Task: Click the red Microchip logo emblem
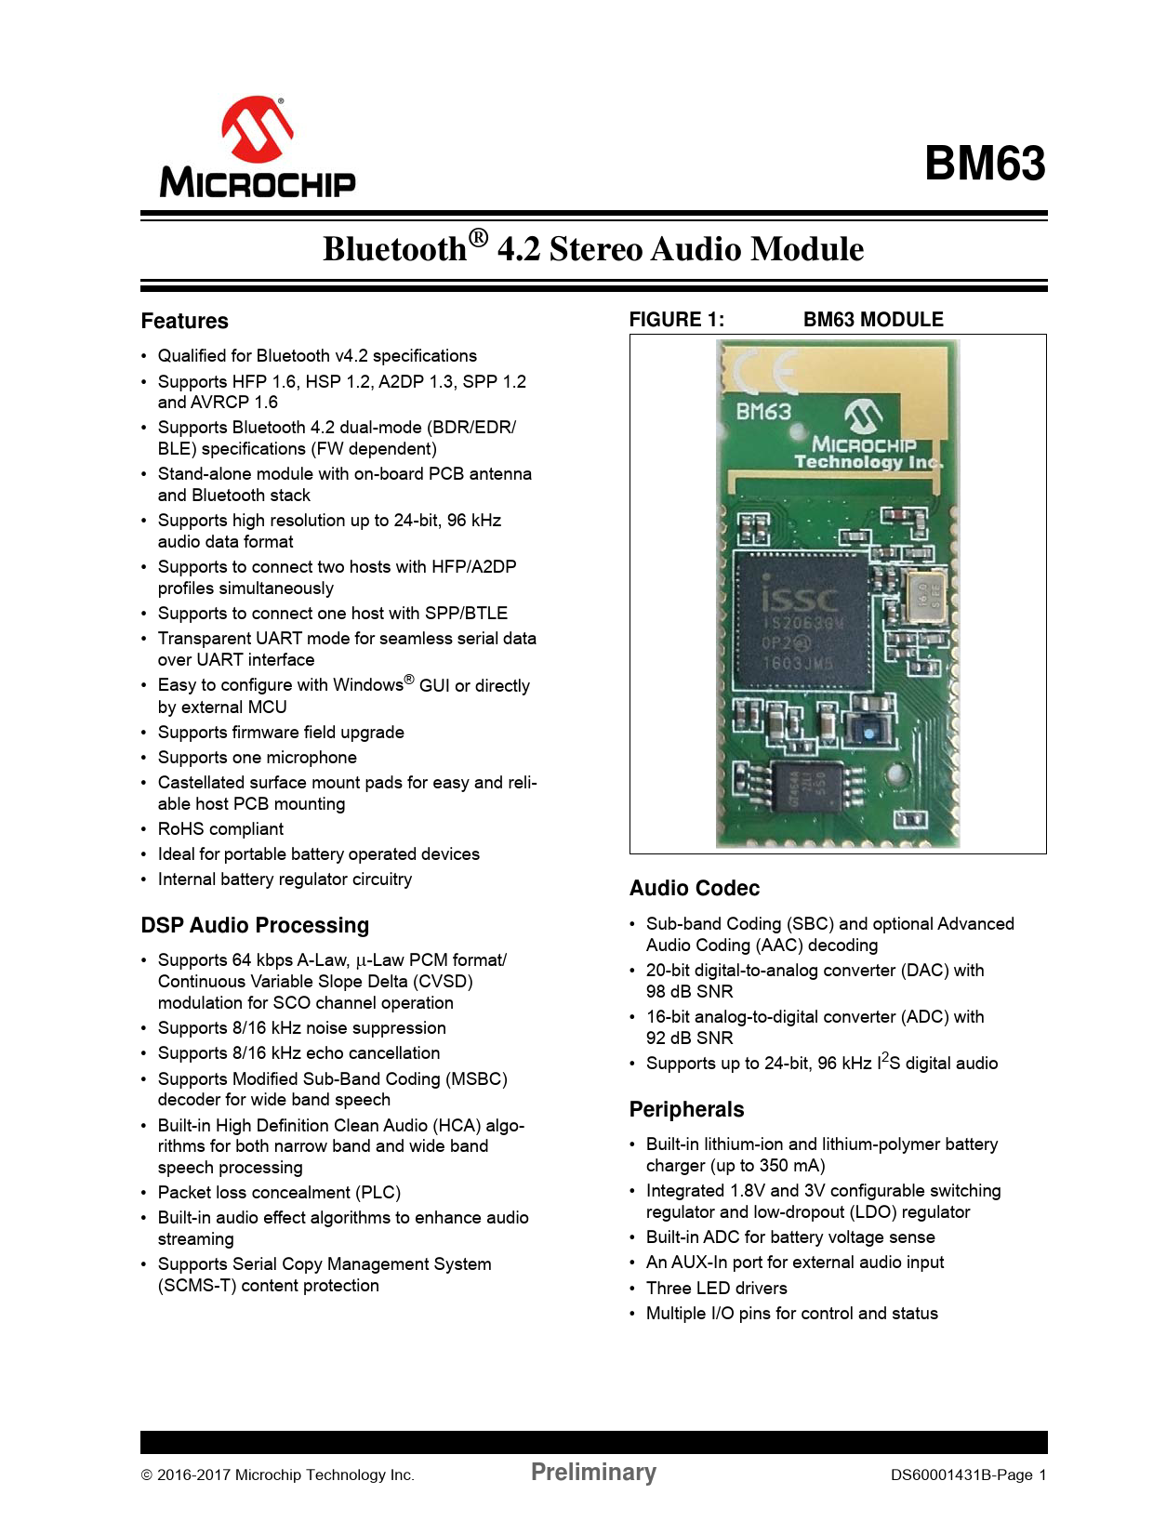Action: click(257, 129)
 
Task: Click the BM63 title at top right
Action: click(985, 163)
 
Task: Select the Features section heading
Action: click(184, 321)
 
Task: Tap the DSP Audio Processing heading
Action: click(255, 925)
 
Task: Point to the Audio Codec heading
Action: click(694, 888)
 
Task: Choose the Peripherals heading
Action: click(686, 1109)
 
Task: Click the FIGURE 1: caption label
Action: click(676, 320)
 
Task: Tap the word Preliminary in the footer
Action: click(593, 1471)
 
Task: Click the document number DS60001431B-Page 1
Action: click(968, 1474)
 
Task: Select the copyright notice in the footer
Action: click(277, 1474)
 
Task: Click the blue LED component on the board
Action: click(868, 733)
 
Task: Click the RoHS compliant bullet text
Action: click(220, 829)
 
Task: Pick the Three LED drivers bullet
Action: click(716, 1288)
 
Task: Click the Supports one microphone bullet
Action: click(257, 758)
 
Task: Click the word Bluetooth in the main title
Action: click(395, 249)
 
